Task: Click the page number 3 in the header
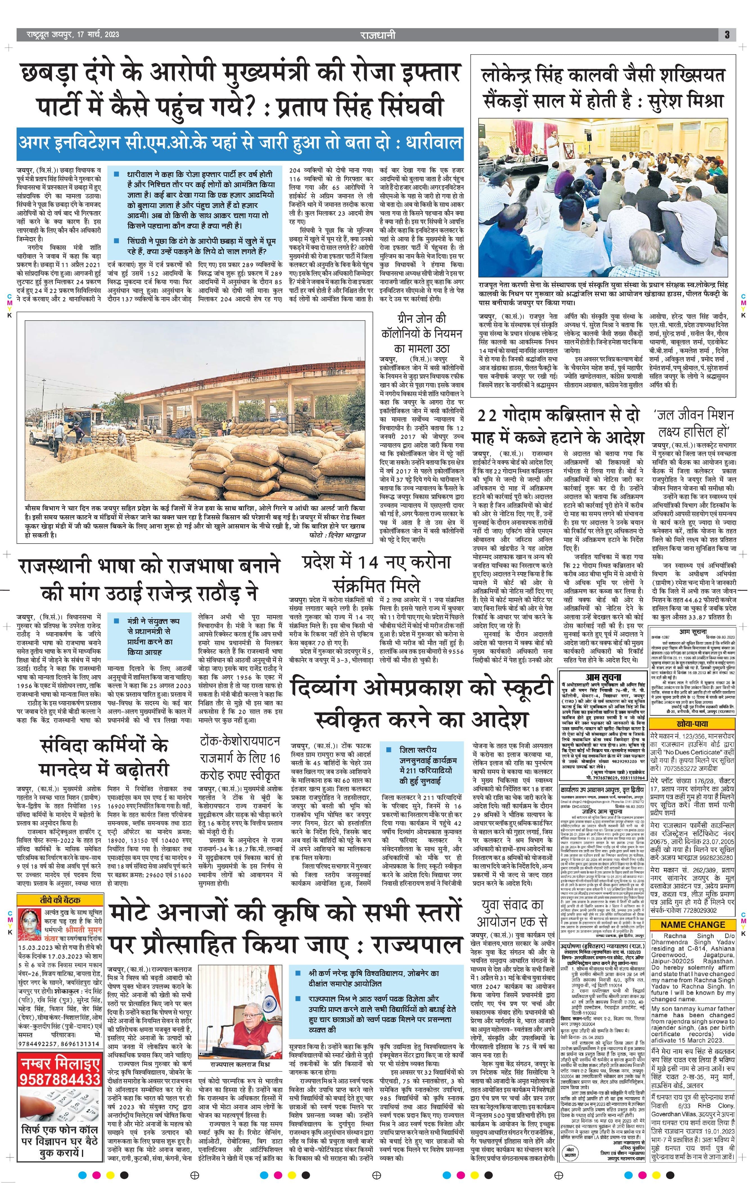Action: point(727,35)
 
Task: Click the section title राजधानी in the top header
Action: point(378,35)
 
